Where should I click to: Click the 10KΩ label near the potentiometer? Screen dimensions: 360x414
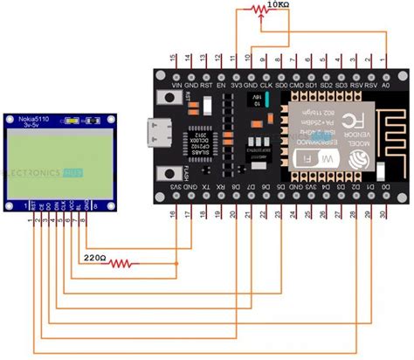tap(280, 5)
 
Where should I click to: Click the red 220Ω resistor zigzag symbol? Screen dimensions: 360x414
tap(127, 261)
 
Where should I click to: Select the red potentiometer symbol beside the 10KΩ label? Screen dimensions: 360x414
tap(258, 10)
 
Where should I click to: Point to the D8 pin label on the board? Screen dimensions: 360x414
tap(251, 188)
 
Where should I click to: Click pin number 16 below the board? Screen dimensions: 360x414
tap(174, 213)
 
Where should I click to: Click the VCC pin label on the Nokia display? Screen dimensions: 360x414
tap(63, 206)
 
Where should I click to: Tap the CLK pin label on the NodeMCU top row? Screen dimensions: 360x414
tap(266, 86)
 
